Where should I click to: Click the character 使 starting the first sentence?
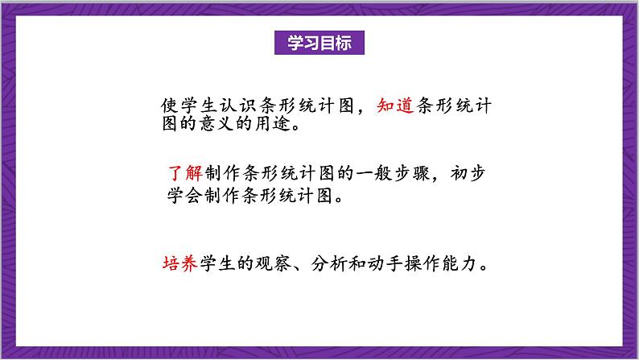click(x=167, y=107)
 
